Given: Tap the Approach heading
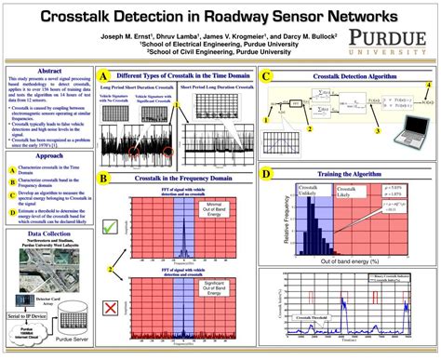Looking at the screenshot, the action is click(x=48, y=156).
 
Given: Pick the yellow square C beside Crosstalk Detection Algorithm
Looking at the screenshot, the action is click(x=267, y=76).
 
